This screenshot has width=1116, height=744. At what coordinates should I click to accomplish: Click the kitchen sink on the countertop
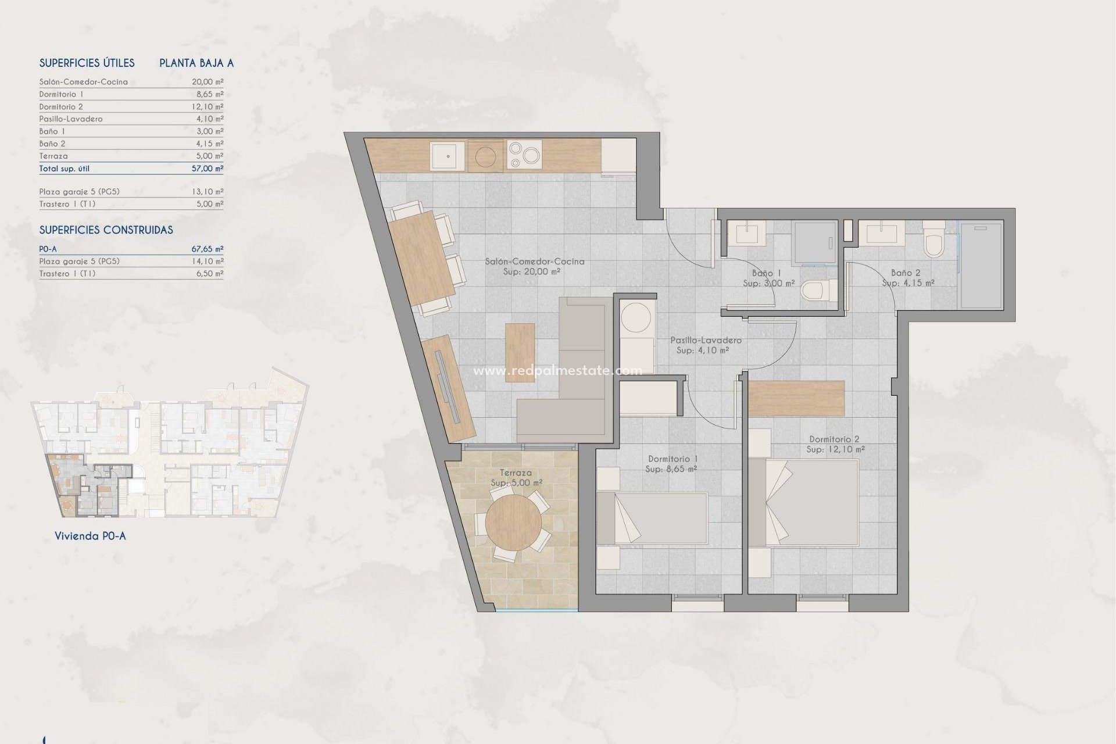(x=447, y=156)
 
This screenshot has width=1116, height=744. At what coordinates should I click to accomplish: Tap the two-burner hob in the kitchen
(x=524, y=155)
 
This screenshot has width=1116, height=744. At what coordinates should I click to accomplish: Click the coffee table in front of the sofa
(x=520, y=352)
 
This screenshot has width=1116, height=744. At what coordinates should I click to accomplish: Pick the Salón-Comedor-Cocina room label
(x=535, y=262)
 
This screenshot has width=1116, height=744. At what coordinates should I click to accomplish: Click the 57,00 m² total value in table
(x=208, y=169)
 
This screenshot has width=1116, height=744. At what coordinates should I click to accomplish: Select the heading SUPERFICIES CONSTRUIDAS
(x=106, y=230)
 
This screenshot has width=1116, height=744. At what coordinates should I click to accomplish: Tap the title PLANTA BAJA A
(x=196, y=63)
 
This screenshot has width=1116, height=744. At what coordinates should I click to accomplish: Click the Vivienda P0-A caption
(x=90, y=536)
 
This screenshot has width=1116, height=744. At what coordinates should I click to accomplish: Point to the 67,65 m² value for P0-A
(x=208, y=249)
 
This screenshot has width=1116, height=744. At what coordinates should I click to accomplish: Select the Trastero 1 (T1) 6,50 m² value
(x=209, y=273)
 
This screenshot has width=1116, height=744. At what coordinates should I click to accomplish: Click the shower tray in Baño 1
(x=814, y=243)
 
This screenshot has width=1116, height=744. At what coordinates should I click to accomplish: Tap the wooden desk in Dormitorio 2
(x=796, y=398)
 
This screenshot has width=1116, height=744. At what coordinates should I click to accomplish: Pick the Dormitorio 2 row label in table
(x=61, y=106)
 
